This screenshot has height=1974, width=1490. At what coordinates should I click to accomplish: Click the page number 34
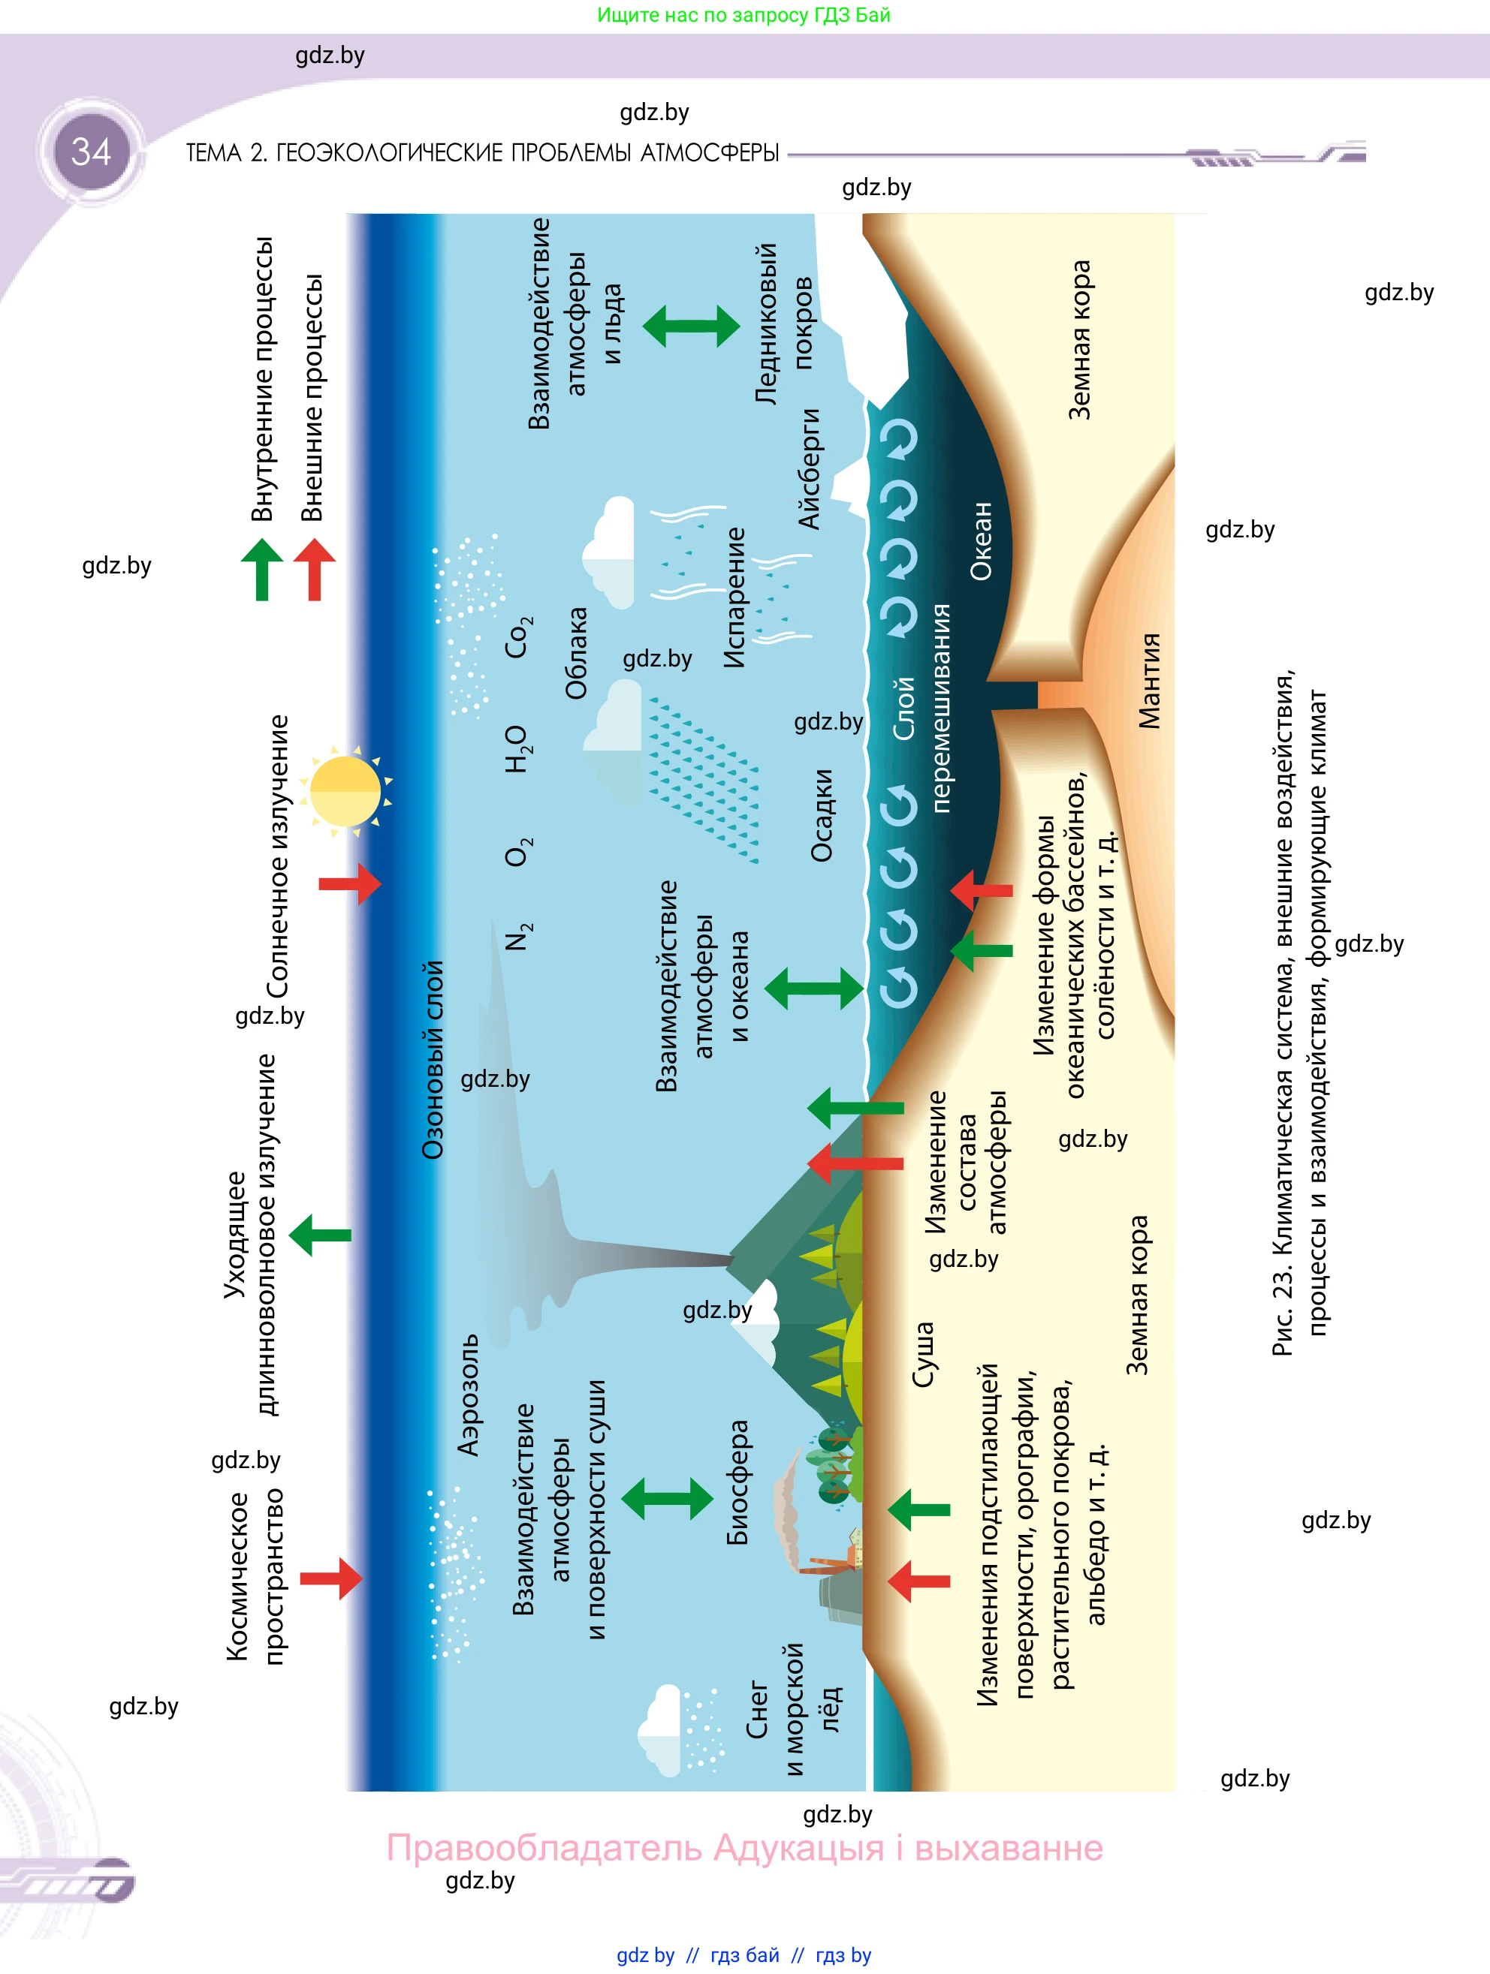click(x=91, y=152)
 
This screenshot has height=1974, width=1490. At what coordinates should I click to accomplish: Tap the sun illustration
click(x=345, y=790)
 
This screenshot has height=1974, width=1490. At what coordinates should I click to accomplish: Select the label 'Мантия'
click(x=1150, y=680)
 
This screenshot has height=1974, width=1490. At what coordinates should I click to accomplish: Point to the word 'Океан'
click(x=980, y=541)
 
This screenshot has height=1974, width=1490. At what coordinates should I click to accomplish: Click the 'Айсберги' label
click(x=809, y=468)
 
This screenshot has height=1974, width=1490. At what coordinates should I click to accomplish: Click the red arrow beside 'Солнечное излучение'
click(x=350, y=883)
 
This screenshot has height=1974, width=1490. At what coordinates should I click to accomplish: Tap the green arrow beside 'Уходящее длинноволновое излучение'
click(x=320, y=1235)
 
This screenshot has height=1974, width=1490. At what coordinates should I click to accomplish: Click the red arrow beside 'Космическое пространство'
click(x=331, y=1578)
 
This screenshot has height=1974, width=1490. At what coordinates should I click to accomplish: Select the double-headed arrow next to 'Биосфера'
click(x=667, y=1498)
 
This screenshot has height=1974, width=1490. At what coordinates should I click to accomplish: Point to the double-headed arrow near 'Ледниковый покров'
click(x=691, y=326)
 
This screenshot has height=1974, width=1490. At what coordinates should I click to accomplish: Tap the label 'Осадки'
click(x=822, y=816)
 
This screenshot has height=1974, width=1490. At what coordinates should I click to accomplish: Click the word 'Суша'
click(x=923, y=1354)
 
